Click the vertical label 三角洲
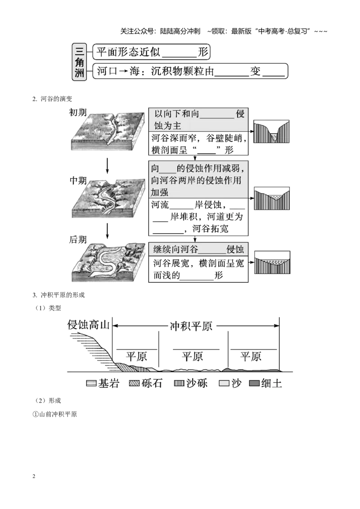pos(79,62)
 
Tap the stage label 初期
pos(78,112)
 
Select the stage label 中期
pos(78,180)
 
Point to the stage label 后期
pos(78,240)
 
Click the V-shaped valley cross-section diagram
pos(271,131)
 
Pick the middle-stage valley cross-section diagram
pos(271,198)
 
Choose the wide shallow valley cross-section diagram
pos(272,262)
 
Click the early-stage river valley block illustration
pos(108,131)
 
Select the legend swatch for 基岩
pos(91,384)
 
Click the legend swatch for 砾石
pos(134,384)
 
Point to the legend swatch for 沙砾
pos(179,384)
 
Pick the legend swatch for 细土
pos(254,384)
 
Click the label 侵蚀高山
pos(88,325)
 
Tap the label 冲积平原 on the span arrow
pos(191,326)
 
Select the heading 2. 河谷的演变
pos(52,98)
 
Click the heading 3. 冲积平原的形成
pos(58,295)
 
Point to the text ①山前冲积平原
pos(54,414)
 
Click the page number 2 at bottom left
pos(34,476)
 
